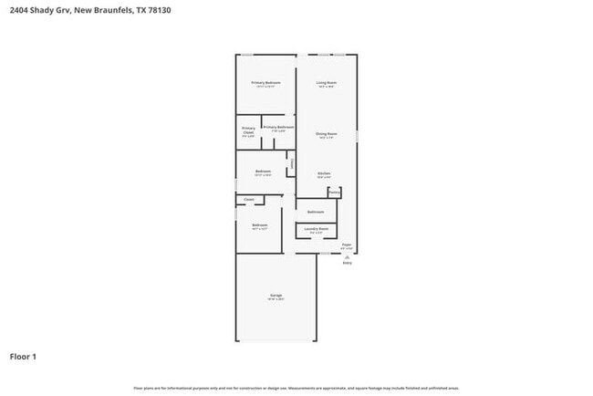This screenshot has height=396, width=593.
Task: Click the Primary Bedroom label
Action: tap(265, 82)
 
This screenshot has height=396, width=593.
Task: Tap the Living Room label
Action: tap(326, 82)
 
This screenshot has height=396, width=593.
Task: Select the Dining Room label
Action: tap(326, 133)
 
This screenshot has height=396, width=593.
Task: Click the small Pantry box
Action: tap(334, 193)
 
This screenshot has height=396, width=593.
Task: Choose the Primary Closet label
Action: tap(248, 130)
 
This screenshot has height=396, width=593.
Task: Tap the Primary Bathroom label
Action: tap(278, 127)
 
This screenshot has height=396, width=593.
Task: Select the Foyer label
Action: tap(347, 245)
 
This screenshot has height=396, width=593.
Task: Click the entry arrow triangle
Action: tap(347, 256)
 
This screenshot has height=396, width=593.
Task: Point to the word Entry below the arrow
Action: tap(347, 263)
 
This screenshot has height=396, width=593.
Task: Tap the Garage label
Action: tap(276, 295)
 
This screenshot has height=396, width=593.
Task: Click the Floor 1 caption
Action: tap(23, 357)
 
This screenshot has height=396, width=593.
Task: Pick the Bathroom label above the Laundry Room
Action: tap(316, 211)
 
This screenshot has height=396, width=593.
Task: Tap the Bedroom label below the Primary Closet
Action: tap(263, 171)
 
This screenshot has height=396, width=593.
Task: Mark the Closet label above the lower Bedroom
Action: tap(248, 198)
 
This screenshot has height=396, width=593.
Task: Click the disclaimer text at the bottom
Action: tap(296, 388)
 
